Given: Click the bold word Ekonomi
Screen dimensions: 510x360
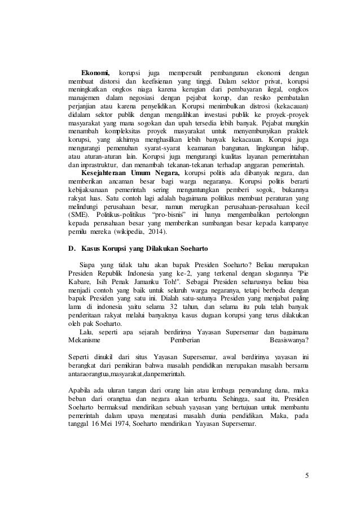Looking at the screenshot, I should [96, 73].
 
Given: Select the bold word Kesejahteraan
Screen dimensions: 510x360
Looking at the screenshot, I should [104, 172].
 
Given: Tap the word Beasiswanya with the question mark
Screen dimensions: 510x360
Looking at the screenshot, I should [290, 341].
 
